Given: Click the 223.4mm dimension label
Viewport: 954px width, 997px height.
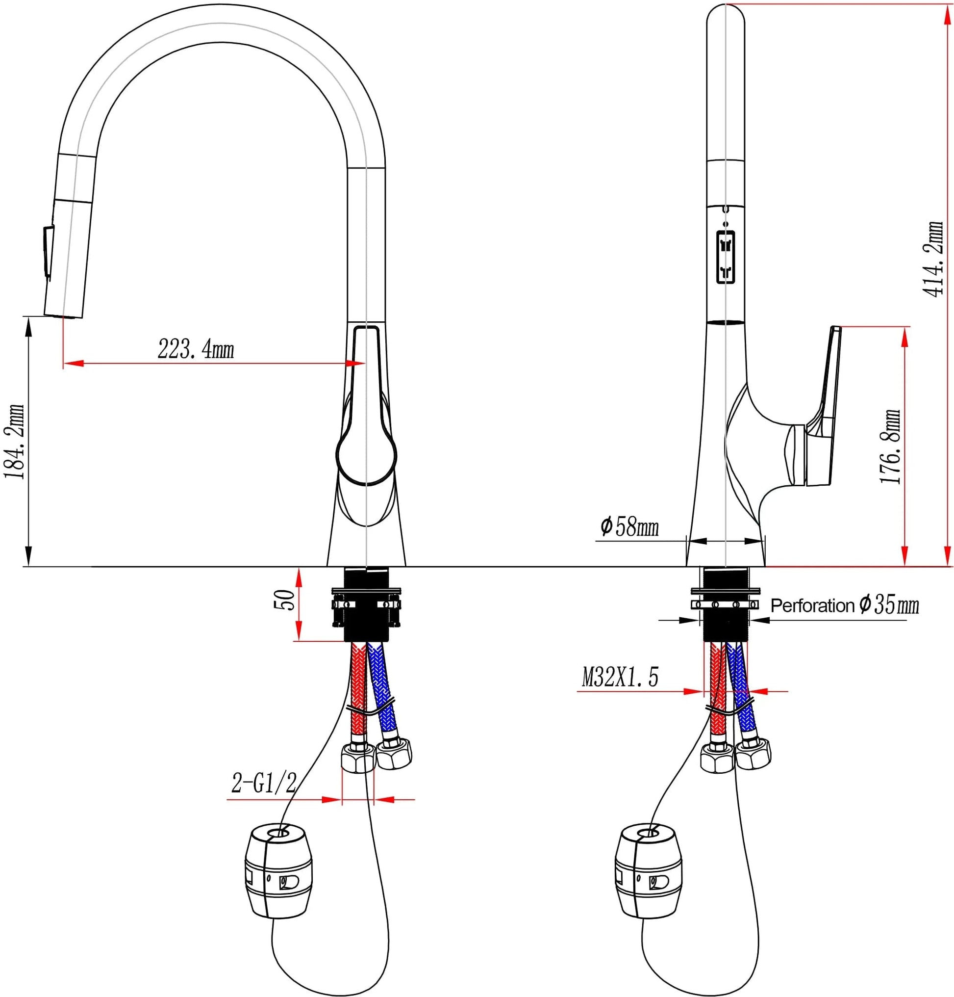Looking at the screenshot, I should [196, 349].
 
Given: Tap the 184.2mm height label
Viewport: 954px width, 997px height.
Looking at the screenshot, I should [14, 441].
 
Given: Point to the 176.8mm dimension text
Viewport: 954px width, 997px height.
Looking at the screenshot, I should [890, 446].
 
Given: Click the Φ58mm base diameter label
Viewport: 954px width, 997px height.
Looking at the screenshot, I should [629, 526].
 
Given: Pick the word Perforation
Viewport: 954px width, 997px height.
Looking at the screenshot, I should [812, 606].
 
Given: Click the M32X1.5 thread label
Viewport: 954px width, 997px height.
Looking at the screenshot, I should [620, 678].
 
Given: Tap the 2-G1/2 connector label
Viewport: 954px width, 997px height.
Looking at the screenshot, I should [263, 784].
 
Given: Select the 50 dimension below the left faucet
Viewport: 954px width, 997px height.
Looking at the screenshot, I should [284, 600].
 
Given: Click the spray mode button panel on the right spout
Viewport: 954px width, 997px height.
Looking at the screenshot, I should [725, 257].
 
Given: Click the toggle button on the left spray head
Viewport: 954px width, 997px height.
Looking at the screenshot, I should [48, 252].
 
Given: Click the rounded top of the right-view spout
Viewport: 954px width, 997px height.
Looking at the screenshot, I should [726, 15].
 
